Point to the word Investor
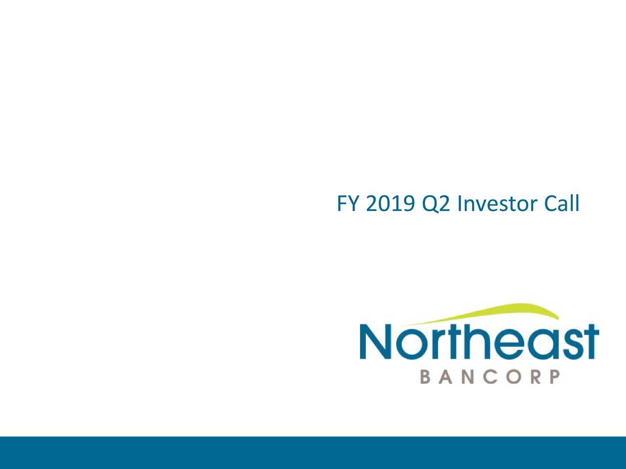[494, 204]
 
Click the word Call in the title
[560, 204]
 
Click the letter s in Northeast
[560, 345]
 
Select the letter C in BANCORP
[492, 378]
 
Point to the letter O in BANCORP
[514, 378]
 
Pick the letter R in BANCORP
[536, 378]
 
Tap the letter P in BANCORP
[554, 378]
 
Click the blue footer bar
[313, 452]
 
